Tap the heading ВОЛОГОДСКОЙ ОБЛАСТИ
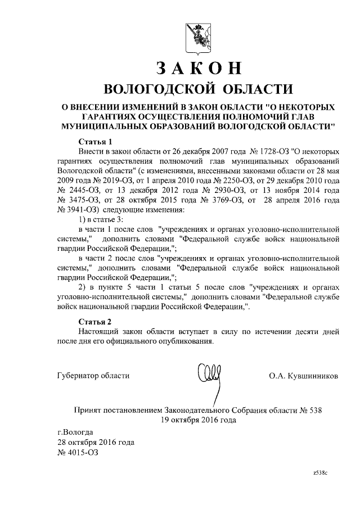pyautogui.click(x=199, y=88)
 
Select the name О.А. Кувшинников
pyautogui.click(x=304, y=376)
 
